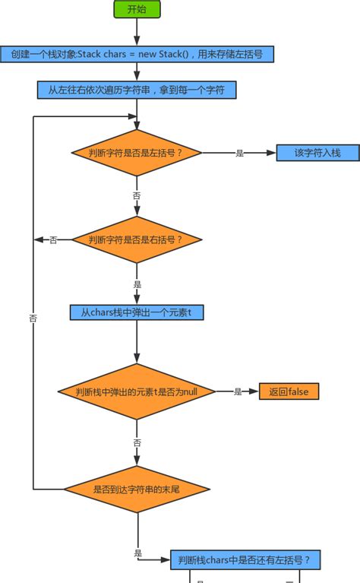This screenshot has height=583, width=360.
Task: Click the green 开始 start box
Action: (137, 9)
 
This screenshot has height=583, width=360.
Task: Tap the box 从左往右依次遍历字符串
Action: (137, 90)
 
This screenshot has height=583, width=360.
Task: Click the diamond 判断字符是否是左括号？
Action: (137, 153)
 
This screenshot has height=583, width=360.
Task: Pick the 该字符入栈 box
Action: (317, 153)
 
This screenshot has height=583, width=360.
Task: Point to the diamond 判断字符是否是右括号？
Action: (137, 239)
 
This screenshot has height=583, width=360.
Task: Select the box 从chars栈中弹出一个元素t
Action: (137, 312)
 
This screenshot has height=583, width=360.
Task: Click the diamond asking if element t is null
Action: (137, 391)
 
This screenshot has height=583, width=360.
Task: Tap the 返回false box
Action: (289, 391)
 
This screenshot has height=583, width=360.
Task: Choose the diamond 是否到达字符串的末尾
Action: (137, 489)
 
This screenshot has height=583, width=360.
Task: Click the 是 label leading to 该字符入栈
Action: (239, 153)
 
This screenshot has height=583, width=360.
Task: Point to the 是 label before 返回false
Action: (238, 391)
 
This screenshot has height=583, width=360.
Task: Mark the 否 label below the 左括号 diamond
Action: (137, 195)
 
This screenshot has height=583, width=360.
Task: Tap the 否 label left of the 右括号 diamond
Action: (53, 240)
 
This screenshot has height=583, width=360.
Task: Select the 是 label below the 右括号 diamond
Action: (137, 284)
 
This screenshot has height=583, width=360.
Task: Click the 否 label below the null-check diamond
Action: (137, 442)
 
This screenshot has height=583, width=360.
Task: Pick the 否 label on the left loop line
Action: (33, 318)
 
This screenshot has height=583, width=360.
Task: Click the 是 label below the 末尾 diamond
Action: (137, 553)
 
